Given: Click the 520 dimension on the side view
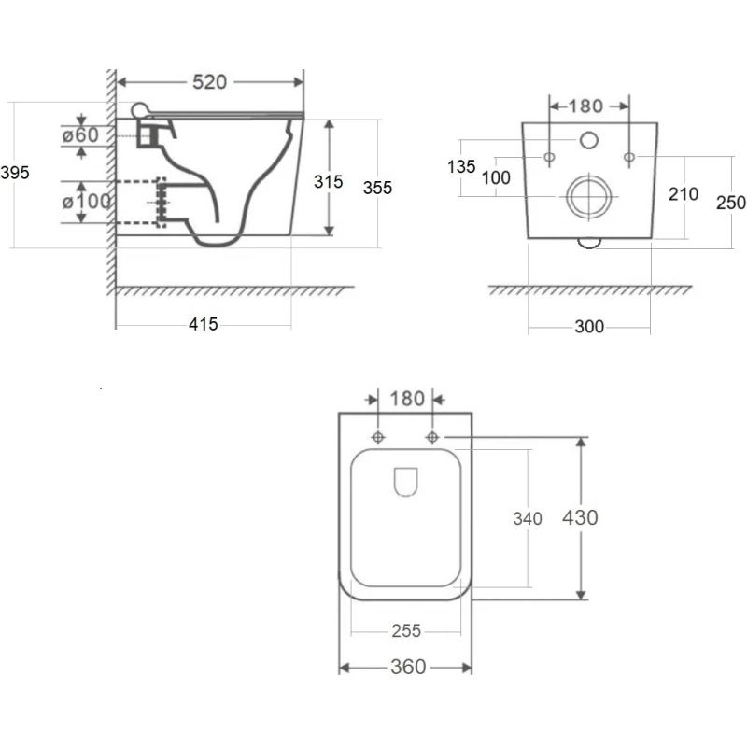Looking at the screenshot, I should [209, 82].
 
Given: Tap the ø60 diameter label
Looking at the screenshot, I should [80, 134].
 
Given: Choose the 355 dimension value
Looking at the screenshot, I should [378, 187].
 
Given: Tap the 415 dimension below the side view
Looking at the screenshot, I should [203, 324].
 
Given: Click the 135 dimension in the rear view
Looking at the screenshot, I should [461, 167].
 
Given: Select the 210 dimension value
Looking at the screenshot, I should [684, 193].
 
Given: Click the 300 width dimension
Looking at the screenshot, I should [589, 326].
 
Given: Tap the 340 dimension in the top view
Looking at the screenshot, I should [528, 519].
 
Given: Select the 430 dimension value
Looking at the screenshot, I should [580, 516].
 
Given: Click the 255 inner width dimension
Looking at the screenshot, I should [405, 631].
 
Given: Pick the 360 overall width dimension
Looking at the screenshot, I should [407, 667].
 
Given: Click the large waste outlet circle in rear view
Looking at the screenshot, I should [589, 196].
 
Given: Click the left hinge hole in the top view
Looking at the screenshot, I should [378, 437].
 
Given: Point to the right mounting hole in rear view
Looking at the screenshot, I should [630, 155].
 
